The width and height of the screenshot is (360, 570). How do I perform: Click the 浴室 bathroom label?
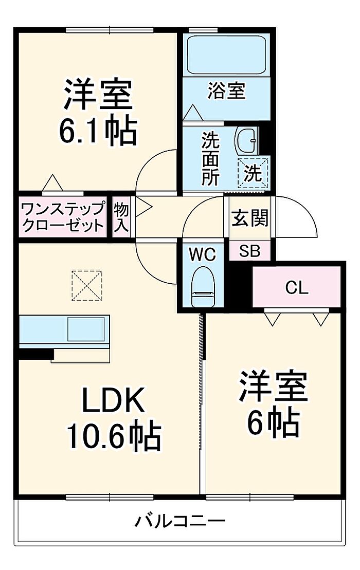(x=226, y=92)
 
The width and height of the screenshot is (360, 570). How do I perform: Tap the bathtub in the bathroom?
(x=226, y=56)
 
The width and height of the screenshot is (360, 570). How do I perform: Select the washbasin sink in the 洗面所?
(x=247, y=140)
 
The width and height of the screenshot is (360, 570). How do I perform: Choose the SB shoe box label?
(x=249, y=251)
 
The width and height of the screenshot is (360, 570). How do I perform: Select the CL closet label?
(x=297, y=288)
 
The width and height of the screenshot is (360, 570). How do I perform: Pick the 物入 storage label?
(x=121, y=217)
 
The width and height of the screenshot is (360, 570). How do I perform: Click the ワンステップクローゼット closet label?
(x=62, y=217)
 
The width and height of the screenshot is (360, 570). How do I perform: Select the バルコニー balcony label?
(x=180, y=521)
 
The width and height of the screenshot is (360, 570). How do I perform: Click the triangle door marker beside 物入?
(x=145, y=208)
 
